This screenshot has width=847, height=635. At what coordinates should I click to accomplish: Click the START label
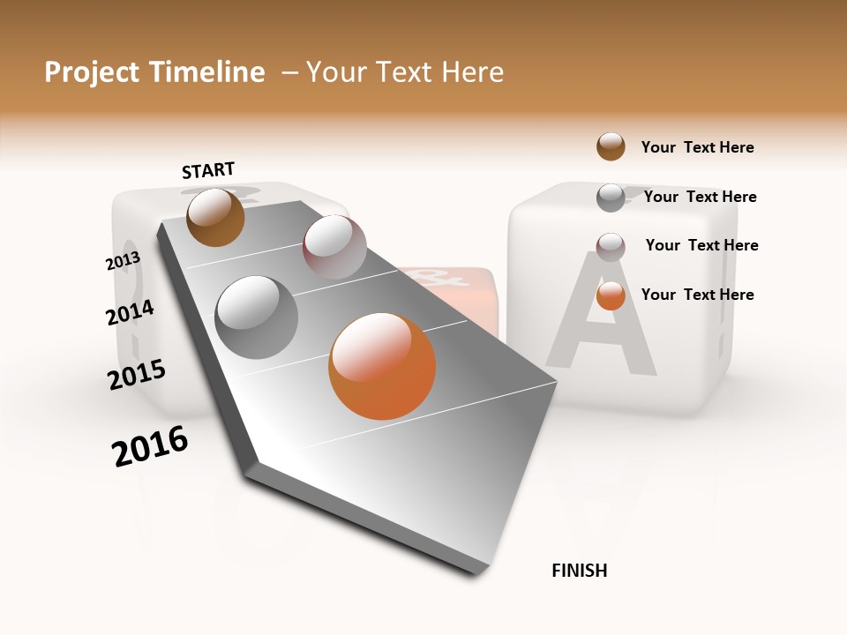208,170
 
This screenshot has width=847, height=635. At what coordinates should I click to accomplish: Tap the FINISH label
579,571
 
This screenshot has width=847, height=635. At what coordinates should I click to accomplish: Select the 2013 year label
123,261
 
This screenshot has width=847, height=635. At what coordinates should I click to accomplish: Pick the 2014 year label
130,312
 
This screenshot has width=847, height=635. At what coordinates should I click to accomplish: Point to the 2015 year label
137,374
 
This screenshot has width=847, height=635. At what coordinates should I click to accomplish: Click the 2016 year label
150,446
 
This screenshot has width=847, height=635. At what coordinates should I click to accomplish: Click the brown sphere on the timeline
215,217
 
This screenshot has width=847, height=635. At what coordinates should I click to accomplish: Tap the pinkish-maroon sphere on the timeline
334,247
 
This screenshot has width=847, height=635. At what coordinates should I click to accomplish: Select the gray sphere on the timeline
257,317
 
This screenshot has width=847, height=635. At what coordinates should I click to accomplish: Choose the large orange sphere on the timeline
382,366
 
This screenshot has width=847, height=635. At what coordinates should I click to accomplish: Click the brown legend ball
611,146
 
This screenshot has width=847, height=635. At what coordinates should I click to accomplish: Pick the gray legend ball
611,198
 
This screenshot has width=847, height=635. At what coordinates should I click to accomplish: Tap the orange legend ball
611,295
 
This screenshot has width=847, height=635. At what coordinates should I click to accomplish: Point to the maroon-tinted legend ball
611,246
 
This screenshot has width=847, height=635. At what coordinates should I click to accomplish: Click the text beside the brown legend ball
697,147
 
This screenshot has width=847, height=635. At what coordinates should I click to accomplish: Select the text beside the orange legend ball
697,295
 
